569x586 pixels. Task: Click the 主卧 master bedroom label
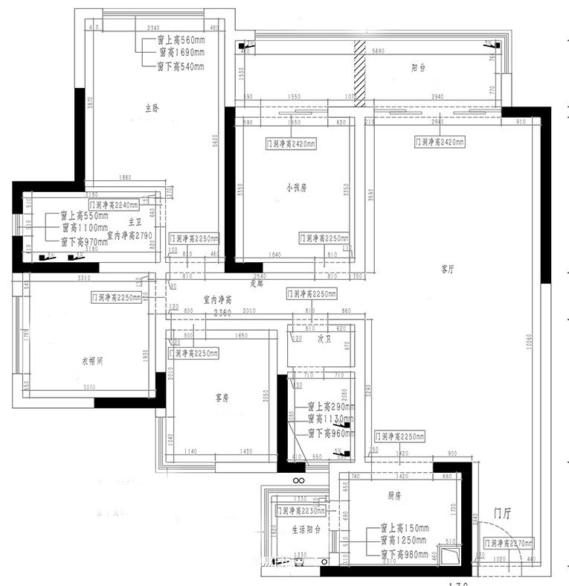[x=152, y=109]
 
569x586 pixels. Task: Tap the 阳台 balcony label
[x=418, y=68]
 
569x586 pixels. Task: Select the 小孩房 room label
[x=296, y=188]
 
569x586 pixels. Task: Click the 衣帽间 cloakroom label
[x=91, y=361]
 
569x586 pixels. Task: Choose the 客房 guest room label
[x=221, y=398]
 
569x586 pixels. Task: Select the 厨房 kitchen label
[x=395, y=494]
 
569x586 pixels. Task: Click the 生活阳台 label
[x=306, y=530]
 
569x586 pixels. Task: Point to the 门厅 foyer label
[x=504, y=513]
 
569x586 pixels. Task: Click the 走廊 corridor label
[x=257, y=284]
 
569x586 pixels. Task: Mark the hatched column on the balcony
[x=360, y=69]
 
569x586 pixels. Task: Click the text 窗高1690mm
[x=180, y=53]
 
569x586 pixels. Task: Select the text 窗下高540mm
[x=180, y=67]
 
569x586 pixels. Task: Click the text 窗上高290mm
[x=332, y=407]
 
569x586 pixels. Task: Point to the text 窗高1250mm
[x=404, y=540]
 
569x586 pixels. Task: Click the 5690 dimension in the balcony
[x=377, y=51]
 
